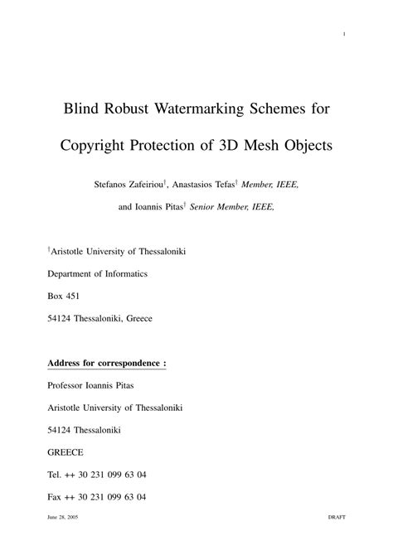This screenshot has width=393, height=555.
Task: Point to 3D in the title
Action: [x=230, y=146]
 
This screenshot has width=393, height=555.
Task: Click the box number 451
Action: [x=72, y=295]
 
